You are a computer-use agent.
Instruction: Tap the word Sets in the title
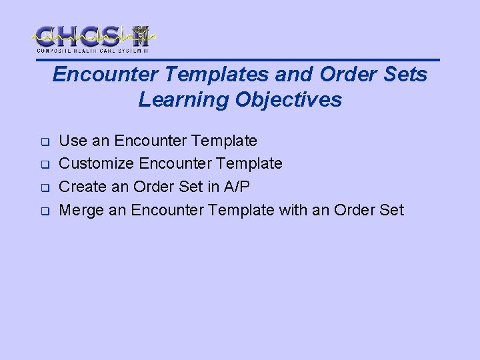404,75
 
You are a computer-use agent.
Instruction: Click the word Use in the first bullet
73,141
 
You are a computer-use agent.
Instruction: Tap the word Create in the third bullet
83,187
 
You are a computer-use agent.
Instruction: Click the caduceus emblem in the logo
140,36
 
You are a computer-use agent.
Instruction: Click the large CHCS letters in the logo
80,35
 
